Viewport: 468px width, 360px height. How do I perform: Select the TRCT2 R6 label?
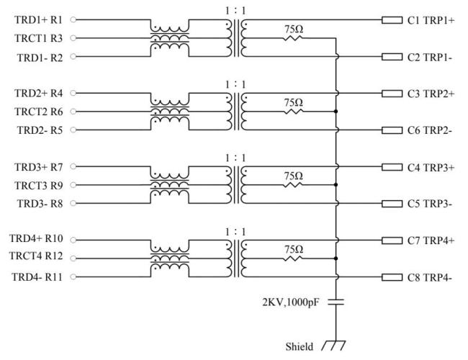tap(39, 112)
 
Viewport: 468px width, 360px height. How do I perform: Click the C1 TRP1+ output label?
tap(431, 20)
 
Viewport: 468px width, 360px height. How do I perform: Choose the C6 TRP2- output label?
tap(430, 130)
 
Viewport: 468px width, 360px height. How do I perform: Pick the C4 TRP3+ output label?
tap(431, 167)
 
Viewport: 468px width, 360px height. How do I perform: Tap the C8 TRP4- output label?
tap(430, 277)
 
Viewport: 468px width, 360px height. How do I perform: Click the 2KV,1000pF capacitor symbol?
tap(336, 302)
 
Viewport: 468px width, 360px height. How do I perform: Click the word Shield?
tap(299, 346)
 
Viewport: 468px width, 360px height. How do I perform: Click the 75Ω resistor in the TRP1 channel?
tap(293, 38)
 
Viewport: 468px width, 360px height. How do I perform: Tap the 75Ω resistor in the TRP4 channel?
tap(293, 258)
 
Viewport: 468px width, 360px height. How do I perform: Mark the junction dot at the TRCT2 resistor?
tap(336, 112)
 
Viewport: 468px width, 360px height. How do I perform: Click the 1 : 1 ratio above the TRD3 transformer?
tap(235, 157)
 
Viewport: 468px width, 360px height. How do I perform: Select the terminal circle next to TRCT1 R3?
tap(73, 38)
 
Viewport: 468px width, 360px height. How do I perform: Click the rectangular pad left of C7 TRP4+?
tap(391, 240)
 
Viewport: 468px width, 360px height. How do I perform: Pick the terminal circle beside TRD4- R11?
tap(73, 277)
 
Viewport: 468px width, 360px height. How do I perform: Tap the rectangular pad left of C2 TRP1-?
tap(391, 57)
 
